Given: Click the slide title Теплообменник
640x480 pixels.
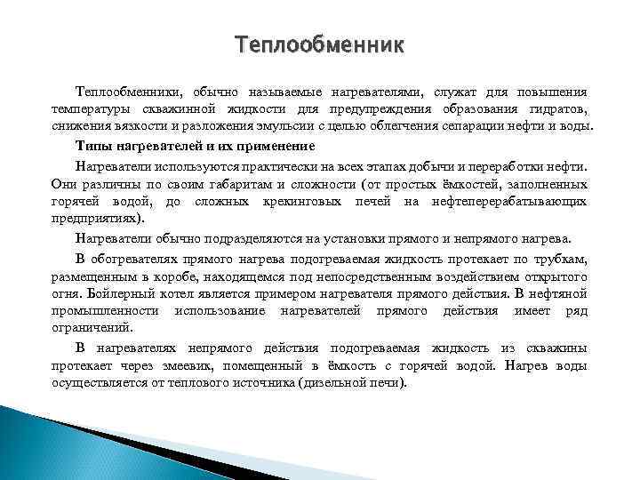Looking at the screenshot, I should pyautogui.click(x=319, y=44).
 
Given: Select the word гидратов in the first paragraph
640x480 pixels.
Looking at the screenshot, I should pyautogui.click(x=557, y=109).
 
